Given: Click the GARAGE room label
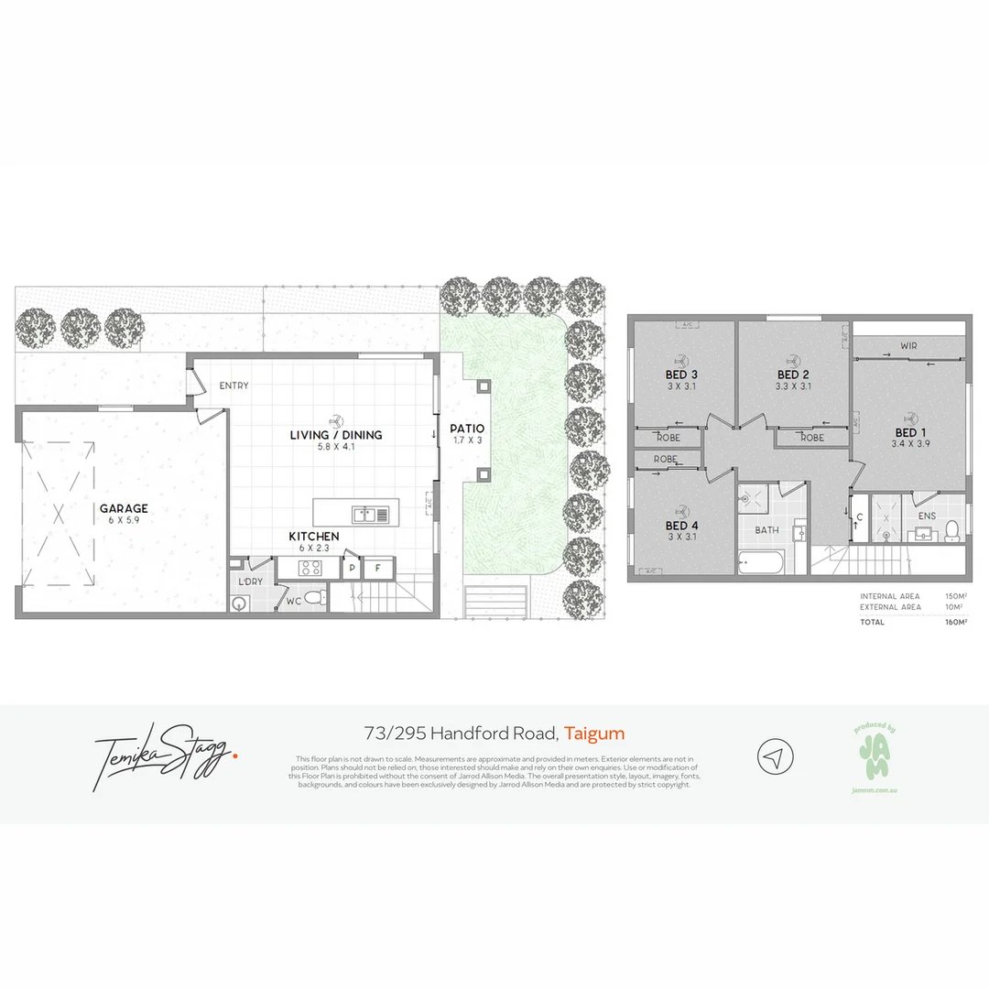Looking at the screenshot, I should tap(124, 509).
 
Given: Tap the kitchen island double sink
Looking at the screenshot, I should tap(371, 514).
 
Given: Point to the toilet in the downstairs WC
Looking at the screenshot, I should tap(315, 598).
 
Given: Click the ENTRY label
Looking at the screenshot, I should tap(234, 386).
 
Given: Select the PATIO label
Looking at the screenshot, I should tap(467, 429).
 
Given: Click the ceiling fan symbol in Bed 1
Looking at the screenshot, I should tap(909, 417).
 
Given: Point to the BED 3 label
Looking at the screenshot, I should tap(681, 375).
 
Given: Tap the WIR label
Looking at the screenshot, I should tap(908, 346).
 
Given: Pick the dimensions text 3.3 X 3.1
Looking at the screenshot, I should tap(793, 386).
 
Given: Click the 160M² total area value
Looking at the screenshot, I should tap(955, 623).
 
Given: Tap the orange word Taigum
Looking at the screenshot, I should tap(594, 733).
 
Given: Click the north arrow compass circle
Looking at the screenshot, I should tap(775, 757).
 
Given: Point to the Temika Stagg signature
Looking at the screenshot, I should tap(165, 755).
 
